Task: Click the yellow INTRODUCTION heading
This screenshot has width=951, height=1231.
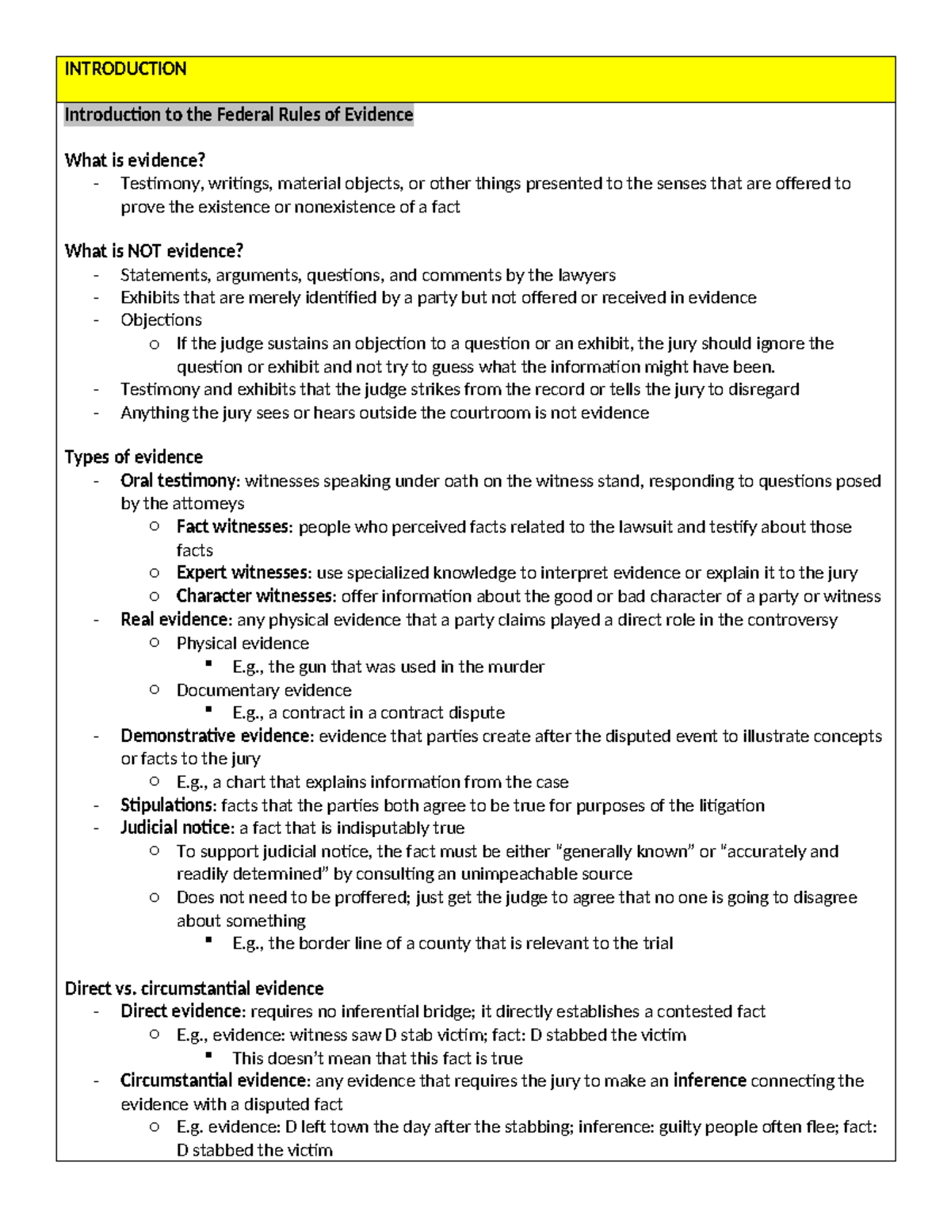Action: point(125,69)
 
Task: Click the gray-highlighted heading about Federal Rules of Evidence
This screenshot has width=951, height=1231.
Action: point(239,115)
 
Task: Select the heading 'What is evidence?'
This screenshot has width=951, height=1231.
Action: point(135,160)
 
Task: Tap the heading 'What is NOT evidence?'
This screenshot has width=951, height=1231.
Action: point(154,251)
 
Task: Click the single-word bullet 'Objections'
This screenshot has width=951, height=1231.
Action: point(161,320)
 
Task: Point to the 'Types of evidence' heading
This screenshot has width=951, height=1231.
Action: point(133,457)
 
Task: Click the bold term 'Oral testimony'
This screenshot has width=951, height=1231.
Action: point(178,481)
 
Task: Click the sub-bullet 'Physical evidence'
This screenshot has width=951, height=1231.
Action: point(243,644)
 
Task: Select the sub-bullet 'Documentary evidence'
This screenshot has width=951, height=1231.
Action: point(264,690)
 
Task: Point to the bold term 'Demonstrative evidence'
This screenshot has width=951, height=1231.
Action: point(215,736)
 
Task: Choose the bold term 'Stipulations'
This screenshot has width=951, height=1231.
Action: point(166,806)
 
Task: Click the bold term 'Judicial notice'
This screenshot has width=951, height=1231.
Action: point(176,828)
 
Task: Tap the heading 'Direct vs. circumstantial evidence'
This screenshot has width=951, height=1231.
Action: point(194,988)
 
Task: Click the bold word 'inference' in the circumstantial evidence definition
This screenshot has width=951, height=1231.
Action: point(709,1081)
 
